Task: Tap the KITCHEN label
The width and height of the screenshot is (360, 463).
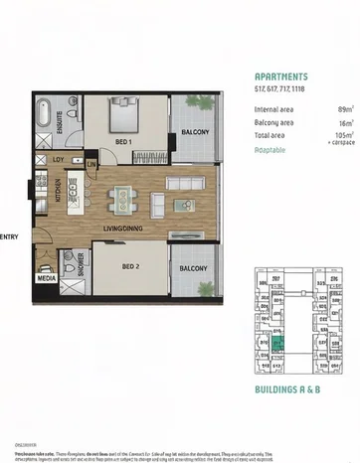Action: click(71, 187)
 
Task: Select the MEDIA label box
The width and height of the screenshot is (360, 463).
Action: click(46, 279)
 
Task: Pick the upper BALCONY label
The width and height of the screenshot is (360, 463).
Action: click(193, 132)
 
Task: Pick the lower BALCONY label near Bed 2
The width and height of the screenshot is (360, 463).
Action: click(193, 269)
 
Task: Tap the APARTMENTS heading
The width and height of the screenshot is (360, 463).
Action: click(280, 77)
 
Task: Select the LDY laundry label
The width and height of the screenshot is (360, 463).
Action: click(59, 159)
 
